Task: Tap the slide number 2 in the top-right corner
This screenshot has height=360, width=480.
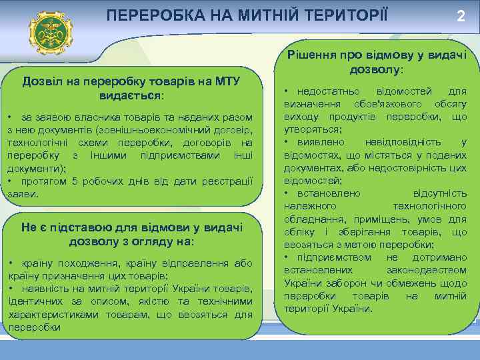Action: coord(460,17)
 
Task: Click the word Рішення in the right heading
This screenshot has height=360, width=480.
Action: coord(310,56)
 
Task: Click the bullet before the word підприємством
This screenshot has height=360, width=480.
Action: coord(287,257)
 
